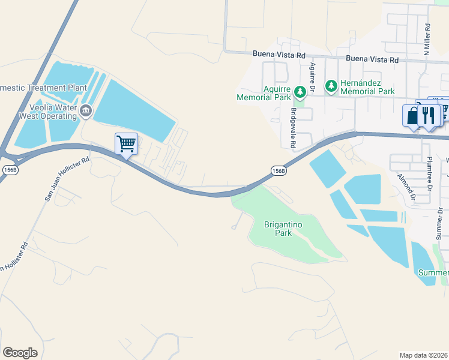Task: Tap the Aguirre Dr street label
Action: point(313,79)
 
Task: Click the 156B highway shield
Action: point(278,170)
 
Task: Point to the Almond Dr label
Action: point(406,187)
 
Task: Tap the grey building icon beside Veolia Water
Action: point(86,110)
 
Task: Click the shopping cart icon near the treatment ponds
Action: point(126,143)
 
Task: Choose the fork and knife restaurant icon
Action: point(428,115)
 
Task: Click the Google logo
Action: point(20,353)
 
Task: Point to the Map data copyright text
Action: point(424,355)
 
